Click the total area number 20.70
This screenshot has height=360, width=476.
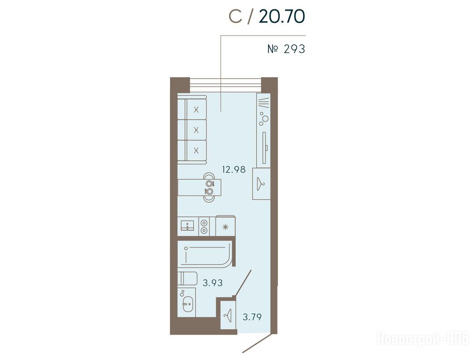pyautogui.click(x=282, y=16)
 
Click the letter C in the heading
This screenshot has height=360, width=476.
pyautogui.click(x=236, y=16)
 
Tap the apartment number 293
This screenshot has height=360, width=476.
pyautogui.click(x=294, y=49)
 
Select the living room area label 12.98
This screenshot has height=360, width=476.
pyautogui.click(x=234, y=169)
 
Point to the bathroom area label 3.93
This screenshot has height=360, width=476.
pyautogui.click(x=213, y=283)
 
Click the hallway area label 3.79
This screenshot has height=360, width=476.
pyautogui.click(x=252, y=317)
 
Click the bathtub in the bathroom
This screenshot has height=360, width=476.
pyautogui.click(x=205, y=254)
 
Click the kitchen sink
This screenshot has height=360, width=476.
pyautogui.click(x=187, y=226)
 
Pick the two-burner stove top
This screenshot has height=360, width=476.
pyautogui.click(x=204, y=226)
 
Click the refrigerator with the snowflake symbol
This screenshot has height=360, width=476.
pyautogui.click(x=225, y=226)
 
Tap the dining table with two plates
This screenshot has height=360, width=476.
pyautogui.click(x=199, y=187)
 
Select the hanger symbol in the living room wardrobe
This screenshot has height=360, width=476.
pyautogui.click(x=261, y=184)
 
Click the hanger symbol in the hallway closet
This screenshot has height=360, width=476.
pyautogui.click(x=227, y=316)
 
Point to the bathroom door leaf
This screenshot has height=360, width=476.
pyautogui.click(x=243, y=283)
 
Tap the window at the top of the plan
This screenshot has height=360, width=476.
pyautogui.click(x=225, y=85)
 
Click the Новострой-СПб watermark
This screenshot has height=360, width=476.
pyautogui.click(x=423, y=339)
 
